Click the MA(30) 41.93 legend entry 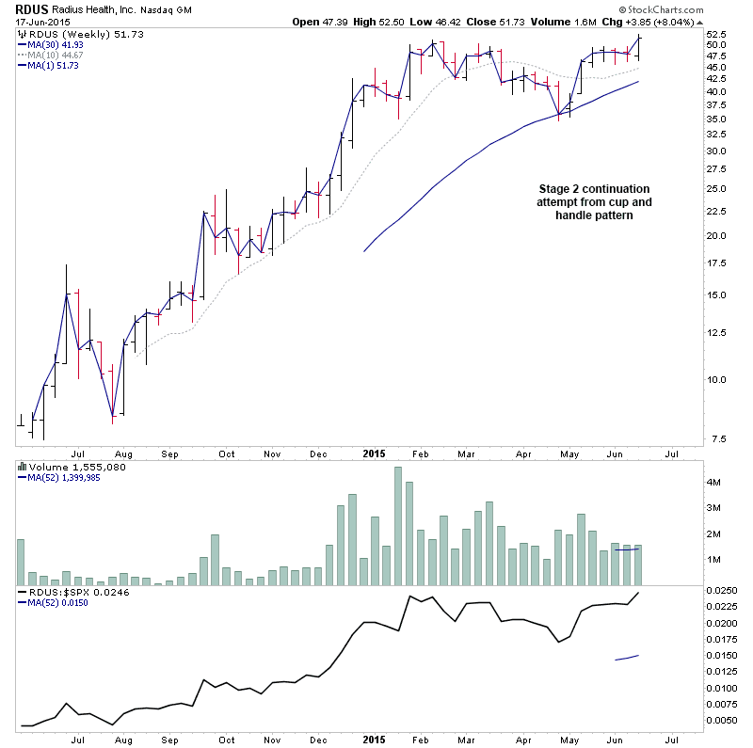click(57, 44)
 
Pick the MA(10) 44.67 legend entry click(57, 55)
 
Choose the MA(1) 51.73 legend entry click(55, 65)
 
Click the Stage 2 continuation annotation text click(593, 202)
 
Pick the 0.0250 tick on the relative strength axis click(726, 591)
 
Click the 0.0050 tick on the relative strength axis click(726, 721)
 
